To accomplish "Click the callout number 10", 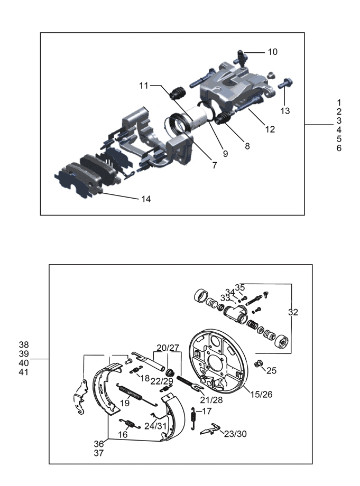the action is click(x=273, y=52).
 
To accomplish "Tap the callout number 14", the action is click(x=146, y=199).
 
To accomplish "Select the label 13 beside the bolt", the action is click(x=285, y=110).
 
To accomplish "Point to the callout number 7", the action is click(x=215, y=165).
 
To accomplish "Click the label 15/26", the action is click(x=261, y=394).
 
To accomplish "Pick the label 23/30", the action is click(x=235, y=434).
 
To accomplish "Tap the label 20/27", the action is click(x=168, y=348).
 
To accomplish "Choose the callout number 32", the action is click(x=293, y=312).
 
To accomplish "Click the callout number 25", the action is click(x=271, y=370).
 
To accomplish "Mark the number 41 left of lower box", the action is click(x=24, y=372).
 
